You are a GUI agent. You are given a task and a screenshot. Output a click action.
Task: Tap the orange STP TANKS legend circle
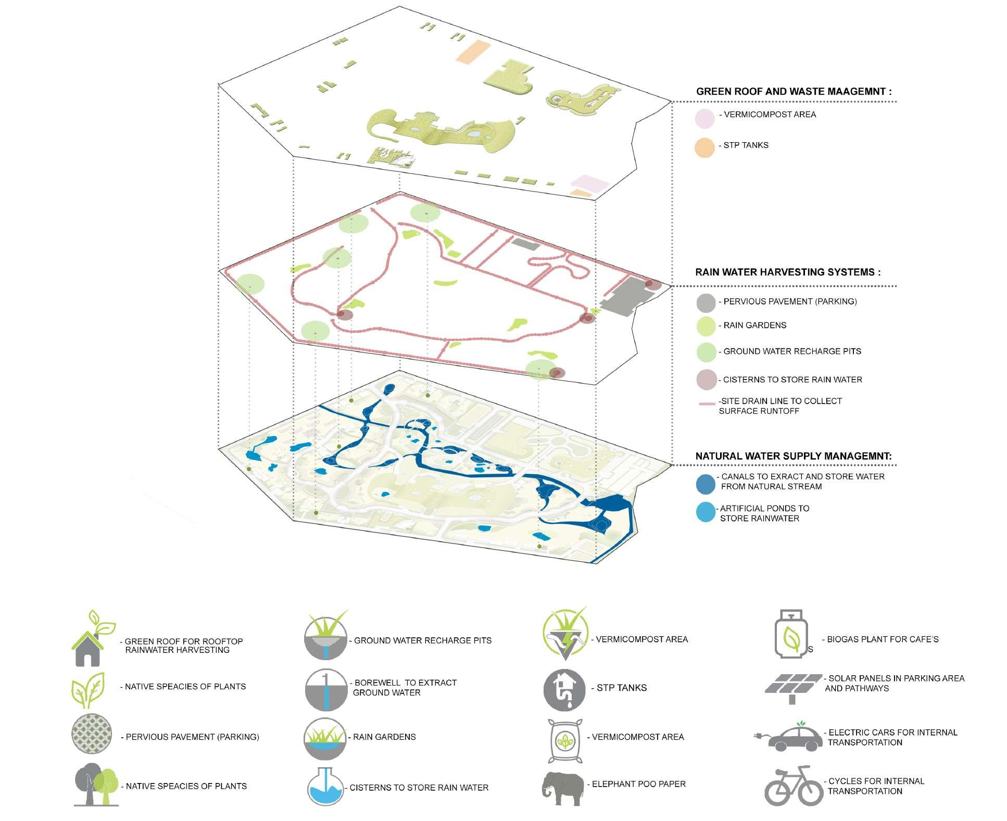[x=704, y=147]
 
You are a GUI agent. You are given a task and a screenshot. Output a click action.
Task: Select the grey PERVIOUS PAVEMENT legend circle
[x=706, y=302]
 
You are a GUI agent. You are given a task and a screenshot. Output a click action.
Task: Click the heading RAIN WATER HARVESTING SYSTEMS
[x=787, y=272]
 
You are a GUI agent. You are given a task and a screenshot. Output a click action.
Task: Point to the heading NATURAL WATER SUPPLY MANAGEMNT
[x=793, y=457]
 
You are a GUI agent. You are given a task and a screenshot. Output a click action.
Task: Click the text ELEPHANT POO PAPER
[x=638, y=784]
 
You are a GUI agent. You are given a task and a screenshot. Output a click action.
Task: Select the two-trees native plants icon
[x=96, y=785]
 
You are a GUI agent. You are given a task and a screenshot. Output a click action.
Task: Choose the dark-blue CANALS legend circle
[x=706, y=484]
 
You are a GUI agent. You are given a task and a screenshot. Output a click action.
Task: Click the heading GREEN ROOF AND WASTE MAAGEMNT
[x=794, y=92]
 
